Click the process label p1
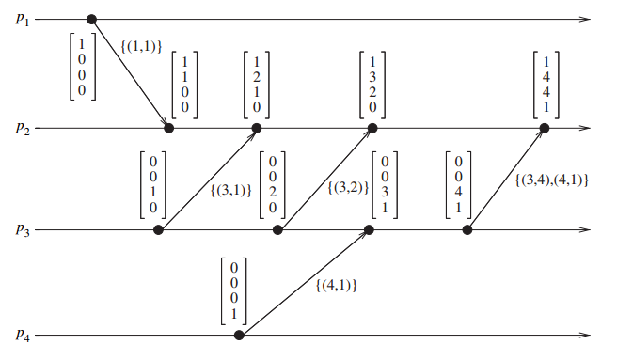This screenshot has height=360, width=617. pyautogui.click(x=24, y=20)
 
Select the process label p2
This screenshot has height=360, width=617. pyautogui.click(x=24, y=129)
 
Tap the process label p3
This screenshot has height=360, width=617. pyautogui.click(x=24, y=230)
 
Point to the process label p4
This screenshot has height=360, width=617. pyautogui.click(x=24, y=336)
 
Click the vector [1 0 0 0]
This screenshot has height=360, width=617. pyautogui.click(x=83, y=66)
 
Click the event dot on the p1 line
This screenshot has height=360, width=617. pyautogui.click(x=91, y=19)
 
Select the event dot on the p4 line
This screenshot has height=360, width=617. pyautogui.click(x=239, y=335)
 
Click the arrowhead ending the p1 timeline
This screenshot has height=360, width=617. pyautogui.click(x=587, y=19)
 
